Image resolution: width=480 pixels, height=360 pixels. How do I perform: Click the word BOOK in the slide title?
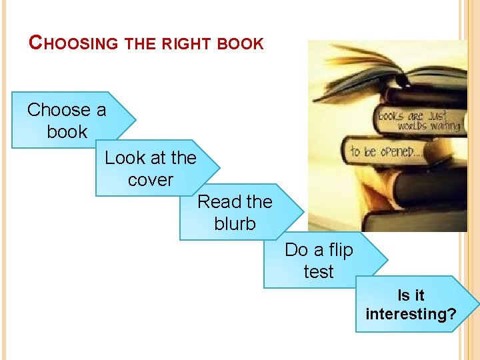(x=241, y=44)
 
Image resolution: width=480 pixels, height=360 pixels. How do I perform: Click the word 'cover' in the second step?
(x=150, y=180)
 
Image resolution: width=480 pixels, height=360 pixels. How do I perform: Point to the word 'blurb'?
(x=235, y=224)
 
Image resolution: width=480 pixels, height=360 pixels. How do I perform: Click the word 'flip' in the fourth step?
(x=339, y=250)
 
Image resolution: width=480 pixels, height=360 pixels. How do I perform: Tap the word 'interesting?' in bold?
(x=411, y=313)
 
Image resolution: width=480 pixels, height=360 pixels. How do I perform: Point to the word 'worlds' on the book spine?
(x=413, y=126)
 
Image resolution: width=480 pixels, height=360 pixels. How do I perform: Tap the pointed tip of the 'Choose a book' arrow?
(x=135, y=120)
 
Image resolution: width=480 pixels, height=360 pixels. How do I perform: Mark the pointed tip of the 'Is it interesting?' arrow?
(x=477, y=304)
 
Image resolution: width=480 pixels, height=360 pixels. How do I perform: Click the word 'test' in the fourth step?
(x=318, y=272)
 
